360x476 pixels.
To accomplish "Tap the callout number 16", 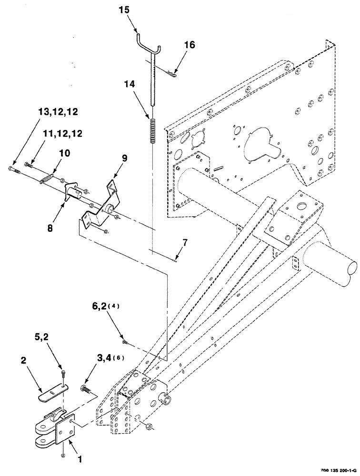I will coord(190,45).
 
